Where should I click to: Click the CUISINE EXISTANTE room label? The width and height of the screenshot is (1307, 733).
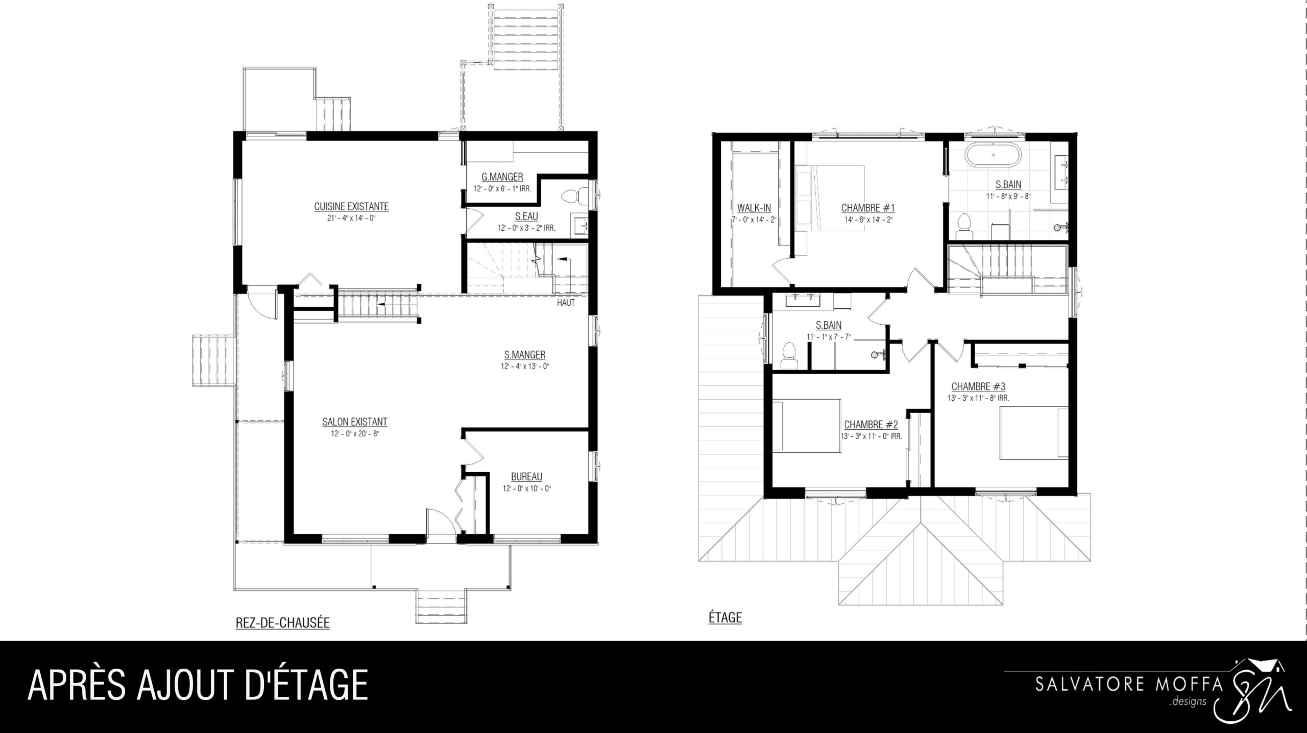click(351, 207)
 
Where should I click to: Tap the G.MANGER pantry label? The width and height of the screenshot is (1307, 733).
click(502, 177)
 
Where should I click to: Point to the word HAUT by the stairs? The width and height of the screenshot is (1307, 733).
click(566, 303)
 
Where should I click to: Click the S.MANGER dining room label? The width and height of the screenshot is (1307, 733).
click(525, 355)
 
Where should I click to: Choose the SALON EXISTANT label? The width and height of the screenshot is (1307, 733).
click(355, 422)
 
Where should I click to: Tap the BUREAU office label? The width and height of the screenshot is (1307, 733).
click(526, 477)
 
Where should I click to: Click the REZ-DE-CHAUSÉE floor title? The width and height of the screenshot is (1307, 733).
click(282, 623)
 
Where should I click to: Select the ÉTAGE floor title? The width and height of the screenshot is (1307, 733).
click(725, 618)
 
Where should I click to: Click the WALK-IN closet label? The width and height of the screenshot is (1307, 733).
click(754, 208)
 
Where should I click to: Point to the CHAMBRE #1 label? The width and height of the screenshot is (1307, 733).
click(868, 208)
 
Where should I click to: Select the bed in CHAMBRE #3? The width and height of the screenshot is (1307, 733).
click(1034, 433)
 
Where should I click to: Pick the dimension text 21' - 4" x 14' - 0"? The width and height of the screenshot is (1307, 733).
click(351, 218)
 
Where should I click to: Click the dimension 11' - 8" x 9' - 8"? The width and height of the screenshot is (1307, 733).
click(1008, 196)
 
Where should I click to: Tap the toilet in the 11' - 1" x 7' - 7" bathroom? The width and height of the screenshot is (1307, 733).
click(789, 355)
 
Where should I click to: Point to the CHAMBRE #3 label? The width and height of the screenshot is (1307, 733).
click(978, 387)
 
